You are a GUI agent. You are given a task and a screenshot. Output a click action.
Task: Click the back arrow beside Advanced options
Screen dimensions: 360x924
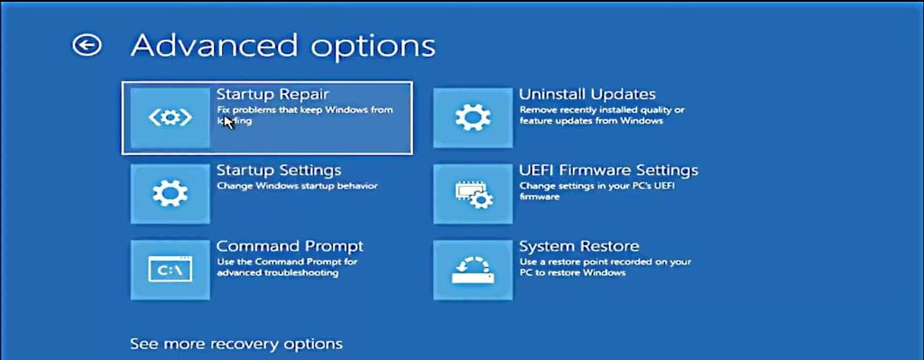pyautogui.click(x=88, y=45)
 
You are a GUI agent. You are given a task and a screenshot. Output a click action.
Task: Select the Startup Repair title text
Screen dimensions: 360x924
pyautogui.click(x=273, y=93)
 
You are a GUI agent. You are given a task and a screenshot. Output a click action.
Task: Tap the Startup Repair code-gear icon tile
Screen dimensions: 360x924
pyautogui.click(x=170, y=117)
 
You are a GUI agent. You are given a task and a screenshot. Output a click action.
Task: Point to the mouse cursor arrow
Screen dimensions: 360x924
pyautogui.click(x=228, y=120)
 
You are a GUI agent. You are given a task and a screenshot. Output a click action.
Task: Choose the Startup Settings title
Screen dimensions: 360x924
pyautogui.click(x=279, y=170)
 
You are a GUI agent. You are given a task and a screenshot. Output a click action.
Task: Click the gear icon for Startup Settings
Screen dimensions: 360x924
pyautogui.click(x=170, y=194)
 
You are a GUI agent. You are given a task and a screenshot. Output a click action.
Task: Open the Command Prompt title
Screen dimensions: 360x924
pyautogui.click(x=290, y=245)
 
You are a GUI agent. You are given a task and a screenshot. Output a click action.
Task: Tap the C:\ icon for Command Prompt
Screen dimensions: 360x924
pyautogui.click(x=170, y=270)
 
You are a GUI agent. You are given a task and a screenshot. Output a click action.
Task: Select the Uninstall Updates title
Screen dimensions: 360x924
pyautogui.click(x=587, y=94)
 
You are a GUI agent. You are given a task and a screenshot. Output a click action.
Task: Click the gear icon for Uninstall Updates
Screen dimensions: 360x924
pyautogui.click(x=473, y=117)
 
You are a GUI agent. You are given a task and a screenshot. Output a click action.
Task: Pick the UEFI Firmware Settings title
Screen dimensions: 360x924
pyautogui.click(x=608, y=170)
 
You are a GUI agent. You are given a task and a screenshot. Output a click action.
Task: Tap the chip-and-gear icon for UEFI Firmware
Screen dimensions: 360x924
pyautogui.click(x=473, y=194)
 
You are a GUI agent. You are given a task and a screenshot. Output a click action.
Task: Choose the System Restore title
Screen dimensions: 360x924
pyautogui.click(x=579, y=245)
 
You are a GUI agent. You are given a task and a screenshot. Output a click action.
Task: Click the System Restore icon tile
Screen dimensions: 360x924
pyautogui.click(x=473, y=270)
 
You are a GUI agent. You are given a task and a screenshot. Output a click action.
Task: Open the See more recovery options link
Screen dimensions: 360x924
pyautogui.click(x=236, y=344)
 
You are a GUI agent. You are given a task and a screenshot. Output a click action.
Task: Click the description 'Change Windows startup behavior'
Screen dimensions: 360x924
pyautogui.click(x=297, y=186)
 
